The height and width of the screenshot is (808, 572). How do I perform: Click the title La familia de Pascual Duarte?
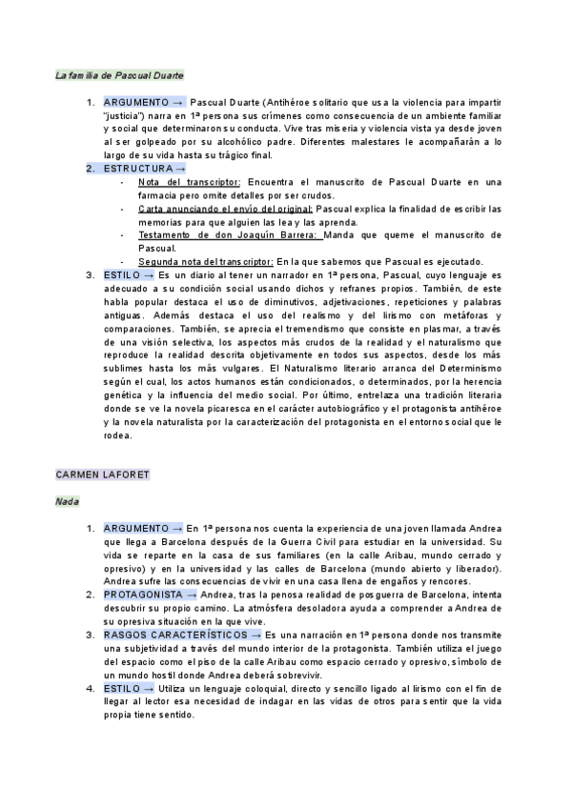pyautogui.click(x=119, y=74)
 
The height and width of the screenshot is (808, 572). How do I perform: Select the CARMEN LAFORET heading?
pyautogui.click(x=103, y=474)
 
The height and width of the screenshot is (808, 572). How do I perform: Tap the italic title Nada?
pyautogui.click(x=67, y=500)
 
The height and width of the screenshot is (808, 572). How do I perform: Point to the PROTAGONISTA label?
pyautogui.click(x=144, y=594)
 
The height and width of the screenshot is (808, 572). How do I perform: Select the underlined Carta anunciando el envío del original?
pyautogui.click(x=225, y=207)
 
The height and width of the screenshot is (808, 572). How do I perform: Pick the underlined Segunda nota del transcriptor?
pyautogui.click(x=206, y=261)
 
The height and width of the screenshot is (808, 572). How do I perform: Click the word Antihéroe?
pyautogui.click(x=284, y=100)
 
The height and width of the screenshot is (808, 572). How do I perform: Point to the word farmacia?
pyautogui.click(x=158, y=194)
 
